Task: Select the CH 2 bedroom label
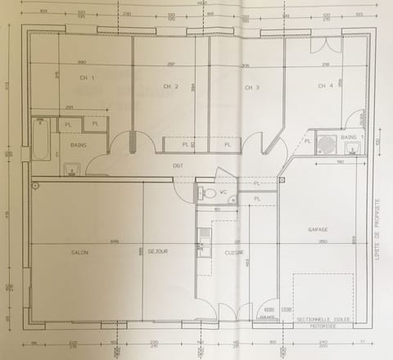[170, 86]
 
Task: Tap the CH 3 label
[252, 88]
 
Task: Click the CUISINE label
[235, 252]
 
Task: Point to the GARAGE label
[318, 229]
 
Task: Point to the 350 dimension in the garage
[323, 241]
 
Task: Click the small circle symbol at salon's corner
[36, 186]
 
